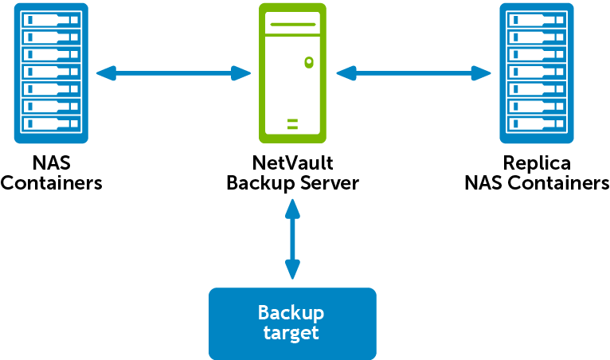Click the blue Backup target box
point(291,323)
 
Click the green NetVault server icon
point(292,72)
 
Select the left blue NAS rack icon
point(51,72)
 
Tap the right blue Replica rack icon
point(536,72)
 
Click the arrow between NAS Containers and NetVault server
point(174,74)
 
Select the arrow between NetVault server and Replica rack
point(413,74)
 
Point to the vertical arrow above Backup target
point(292,239)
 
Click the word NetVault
point(292,164)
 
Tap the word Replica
point(536,164)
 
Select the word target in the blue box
point(291,333)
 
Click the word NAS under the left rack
point(51,164)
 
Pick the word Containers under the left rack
point(51,183)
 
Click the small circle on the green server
point(307,61)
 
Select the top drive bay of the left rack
point(51,19)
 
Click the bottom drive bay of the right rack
point(536,124)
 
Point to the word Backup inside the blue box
point(291,312)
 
